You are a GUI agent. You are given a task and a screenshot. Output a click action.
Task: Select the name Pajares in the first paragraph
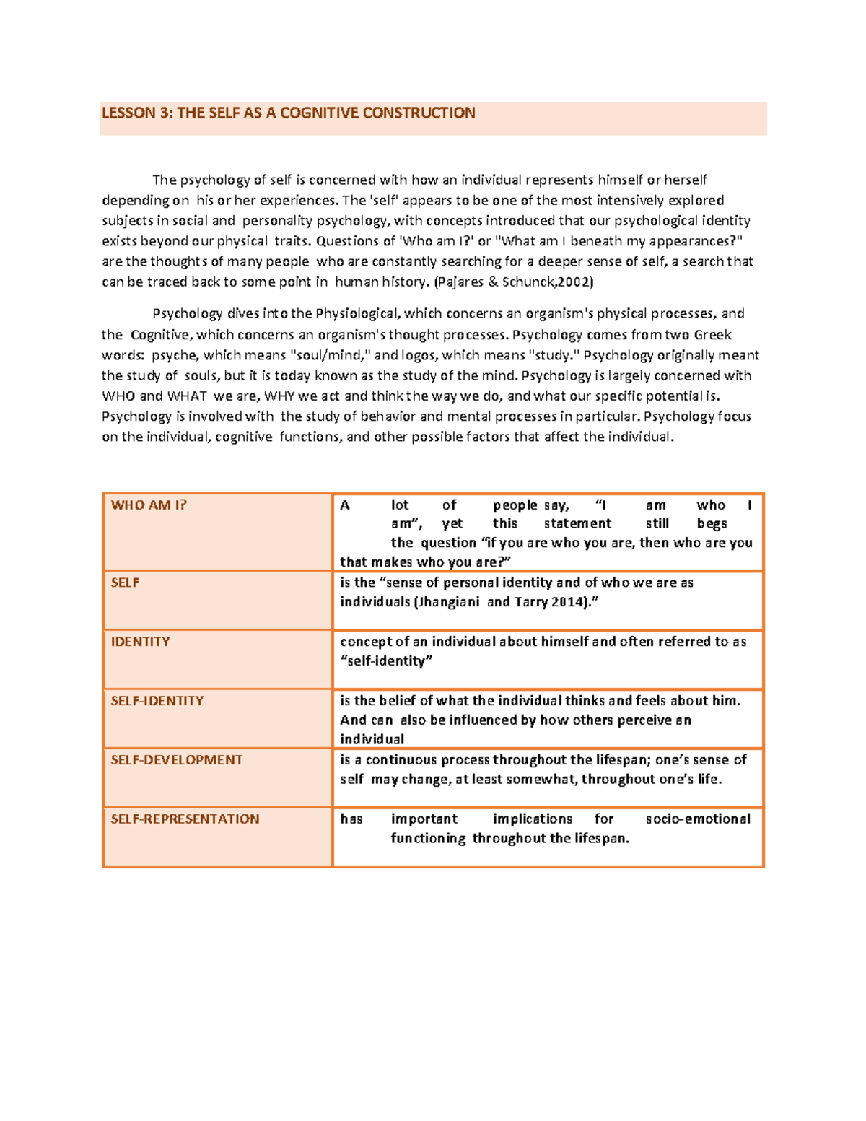pyautogui.click(x=461, y=282)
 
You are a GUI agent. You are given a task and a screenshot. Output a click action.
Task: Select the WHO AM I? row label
pyautogui.click(x=149, y=505)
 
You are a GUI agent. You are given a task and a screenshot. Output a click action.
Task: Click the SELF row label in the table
pyautogui.click(x=125, y=583)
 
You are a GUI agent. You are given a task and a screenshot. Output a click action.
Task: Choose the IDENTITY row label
pyautogui.click(x=141, y=642)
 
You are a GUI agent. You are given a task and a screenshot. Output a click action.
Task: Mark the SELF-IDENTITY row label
pyautogui.click(x=157, y=701)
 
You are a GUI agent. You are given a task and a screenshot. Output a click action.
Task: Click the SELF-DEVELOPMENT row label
pyautogui.click(x=177, y=760)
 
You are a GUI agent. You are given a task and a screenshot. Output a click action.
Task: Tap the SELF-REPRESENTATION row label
pyautogui.click(x=185, y=819)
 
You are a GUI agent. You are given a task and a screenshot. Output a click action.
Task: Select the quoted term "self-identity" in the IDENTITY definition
pyautogui.click(x=386, y=661)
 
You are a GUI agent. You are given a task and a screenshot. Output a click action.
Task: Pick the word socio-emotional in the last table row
pyautogui.click(x=698, y=819)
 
